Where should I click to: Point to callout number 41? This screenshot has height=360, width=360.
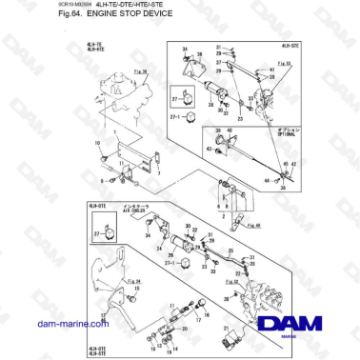coord(271,73)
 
